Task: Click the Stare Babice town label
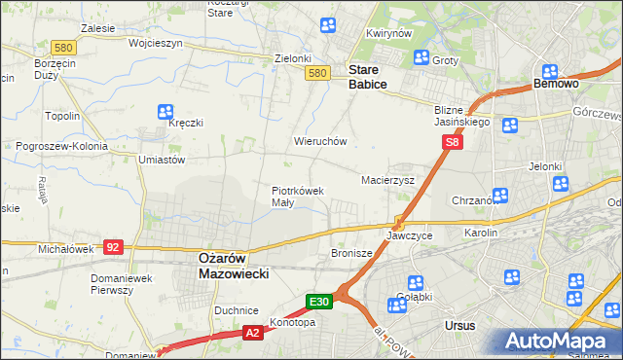(367, 78)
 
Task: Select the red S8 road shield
(452, 143)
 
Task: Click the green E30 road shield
(321, 302)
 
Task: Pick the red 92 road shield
(113, 247)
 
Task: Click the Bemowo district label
(557, 85)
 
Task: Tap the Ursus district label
(459, 325)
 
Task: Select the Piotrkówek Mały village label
(297, 197)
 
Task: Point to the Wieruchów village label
(320, 141)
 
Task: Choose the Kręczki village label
(185, 124)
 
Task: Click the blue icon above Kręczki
(165, 111)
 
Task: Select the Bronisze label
(352, 253)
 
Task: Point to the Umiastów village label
(162, 160)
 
